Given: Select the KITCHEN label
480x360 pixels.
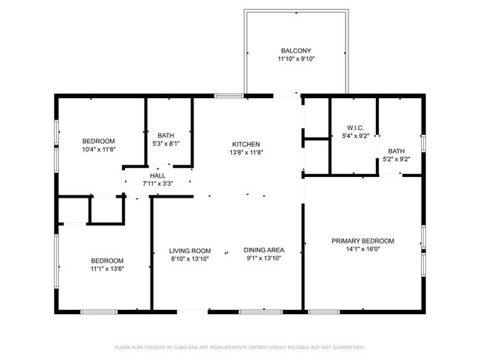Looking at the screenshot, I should pos(246,144).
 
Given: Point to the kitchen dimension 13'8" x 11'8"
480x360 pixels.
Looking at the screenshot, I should pos(246,153).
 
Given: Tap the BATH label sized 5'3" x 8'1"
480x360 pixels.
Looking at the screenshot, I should pos(165,135).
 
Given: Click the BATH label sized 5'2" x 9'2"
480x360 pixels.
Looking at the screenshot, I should pos(397,150).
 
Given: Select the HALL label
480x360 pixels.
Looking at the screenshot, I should pos(157,176).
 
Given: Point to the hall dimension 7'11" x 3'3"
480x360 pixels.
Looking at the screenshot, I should pos(157,184).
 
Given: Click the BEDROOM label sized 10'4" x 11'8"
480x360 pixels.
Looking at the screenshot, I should pos(98,141).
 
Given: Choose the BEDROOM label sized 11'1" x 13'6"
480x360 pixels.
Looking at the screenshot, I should pos(107,260).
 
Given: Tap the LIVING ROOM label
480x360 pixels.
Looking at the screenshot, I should pos(190,250).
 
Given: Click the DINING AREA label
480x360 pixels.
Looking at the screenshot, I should pos(264,250).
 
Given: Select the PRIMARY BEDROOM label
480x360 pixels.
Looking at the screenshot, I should pos(363,241).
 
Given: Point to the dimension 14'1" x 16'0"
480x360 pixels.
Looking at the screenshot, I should pos(363,250).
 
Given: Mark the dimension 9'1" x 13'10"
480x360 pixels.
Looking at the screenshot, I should pos(264,259).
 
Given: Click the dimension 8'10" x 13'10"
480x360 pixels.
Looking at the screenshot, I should pos(190,259).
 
